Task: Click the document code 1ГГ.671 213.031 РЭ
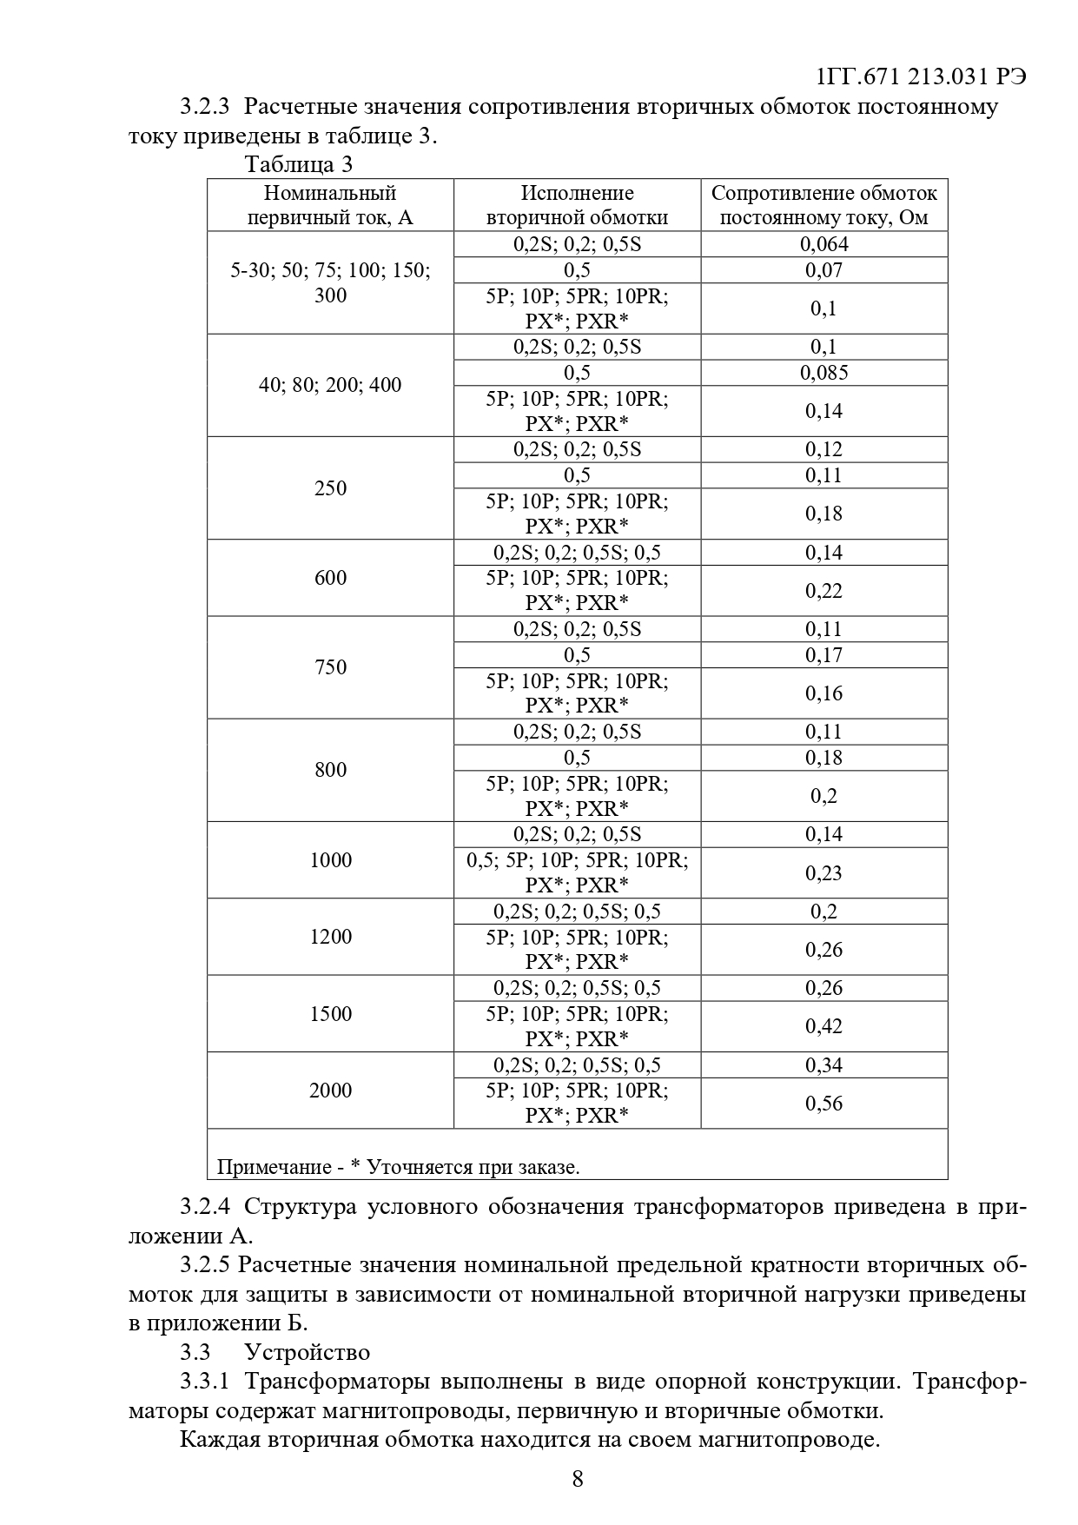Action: tap(922, 76)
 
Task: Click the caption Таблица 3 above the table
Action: tap(299, 164)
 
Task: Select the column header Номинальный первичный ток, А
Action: tap(330, 205)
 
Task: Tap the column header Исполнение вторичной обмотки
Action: tap(577, 205)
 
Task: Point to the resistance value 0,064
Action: tap(823, 244)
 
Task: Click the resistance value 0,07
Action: tap(823, 270)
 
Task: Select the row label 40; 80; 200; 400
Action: tap(330, 385)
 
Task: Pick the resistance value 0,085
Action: tap(823, 373)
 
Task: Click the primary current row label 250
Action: tap(330, 488)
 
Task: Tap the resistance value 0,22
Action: tap(823, 591)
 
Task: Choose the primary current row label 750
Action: tap(330, 667)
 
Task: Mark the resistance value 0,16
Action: tap(823, 693)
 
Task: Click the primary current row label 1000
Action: tap(330, 860)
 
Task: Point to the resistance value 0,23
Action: tap(823, 873)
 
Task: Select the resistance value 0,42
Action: tap(823, 1026)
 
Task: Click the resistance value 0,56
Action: tap(823, 1104)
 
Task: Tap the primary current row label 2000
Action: tap(330, 1091)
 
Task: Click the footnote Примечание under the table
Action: tap(398, 1167)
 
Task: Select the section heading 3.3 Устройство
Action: tap(275, 1352)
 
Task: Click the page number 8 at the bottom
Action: tap(578, 1479)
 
